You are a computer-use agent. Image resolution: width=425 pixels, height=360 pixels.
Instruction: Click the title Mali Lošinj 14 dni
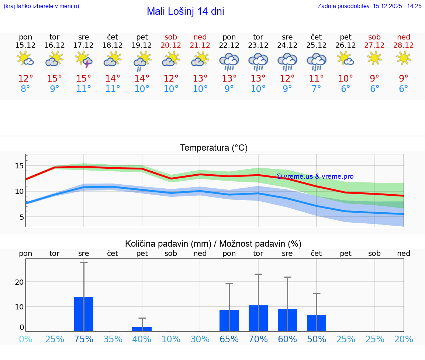coord(185,11)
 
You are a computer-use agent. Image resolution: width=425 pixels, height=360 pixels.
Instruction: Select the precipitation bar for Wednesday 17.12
coord(84,314)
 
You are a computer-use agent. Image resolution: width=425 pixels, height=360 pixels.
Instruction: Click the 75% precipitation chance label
coord(84,339)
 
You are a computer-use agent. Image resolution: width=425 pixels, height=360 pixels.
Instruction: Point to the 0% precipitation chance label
coord(25,339)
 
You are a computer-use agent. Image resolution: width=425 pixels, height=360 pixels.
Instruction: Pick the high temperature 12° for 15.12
coord(25,79)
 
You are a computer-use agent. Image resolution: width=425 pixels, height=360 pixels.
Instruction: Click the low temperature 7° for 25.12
coord(316,89)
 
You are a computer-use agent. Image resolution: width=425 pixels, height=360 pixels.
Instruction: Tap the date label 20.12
coord(171,45)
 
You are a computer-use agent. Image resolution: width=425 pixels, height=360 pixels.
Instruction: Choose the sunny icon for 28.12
coord(404,58)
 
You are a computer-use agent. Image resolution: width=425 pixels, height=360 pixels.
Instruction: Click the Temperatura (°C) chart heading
coord(214,148)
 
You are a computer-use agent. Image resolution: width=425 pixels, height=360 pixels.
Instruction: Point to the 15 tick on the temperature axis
coord(19,166)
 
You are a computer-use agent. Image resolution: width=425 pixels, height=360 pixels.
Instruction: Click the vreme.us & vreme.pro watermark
coord(315,176)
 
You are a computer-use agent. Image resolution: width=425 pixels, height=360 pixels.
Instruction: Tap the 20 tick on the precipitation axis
coord(19,282)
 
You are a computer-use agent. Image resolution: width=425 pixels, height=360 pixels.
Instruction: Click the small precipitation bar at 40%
coord(142,329)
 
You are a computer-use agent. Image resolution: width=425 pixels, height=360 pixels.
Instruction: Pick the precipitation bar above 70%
coord(258,318)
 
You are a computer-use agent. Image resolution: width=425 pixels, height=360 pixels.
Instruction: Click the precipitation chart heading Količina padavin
coord(213,244)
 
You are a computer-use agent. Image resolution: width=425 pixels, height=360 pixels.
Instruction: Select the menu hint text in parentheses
coord(41,6)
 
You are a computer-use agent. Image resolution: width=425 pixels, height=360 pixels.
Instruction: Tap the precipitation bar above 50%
coord(317,323)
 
